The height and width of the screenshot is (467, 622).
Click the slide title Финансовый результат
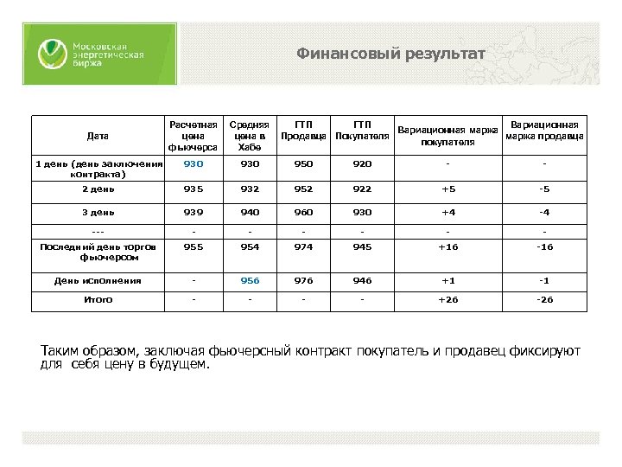390,54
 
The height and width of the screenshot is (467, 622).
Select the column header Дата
98,136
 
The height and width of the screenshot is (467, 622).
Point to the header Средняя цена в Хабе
248,136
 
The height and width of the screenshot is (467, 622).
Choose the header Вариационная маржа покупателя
446,136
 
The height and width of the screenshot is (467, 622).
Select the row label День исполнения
98,280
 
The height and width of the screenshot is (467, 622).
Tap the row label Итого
98,300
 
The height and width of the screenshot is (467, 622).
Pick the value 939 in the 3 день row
194,212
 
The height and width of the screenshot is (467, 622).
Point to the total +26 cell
447,300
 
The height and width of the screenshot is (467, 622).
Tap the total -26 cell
544,300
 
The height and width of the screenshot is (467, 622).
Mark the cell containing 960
303,212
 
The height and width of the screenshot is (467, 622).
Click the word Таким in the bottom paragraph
62,351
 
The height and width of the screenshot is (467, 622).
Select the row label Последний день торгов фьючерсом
98,252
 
